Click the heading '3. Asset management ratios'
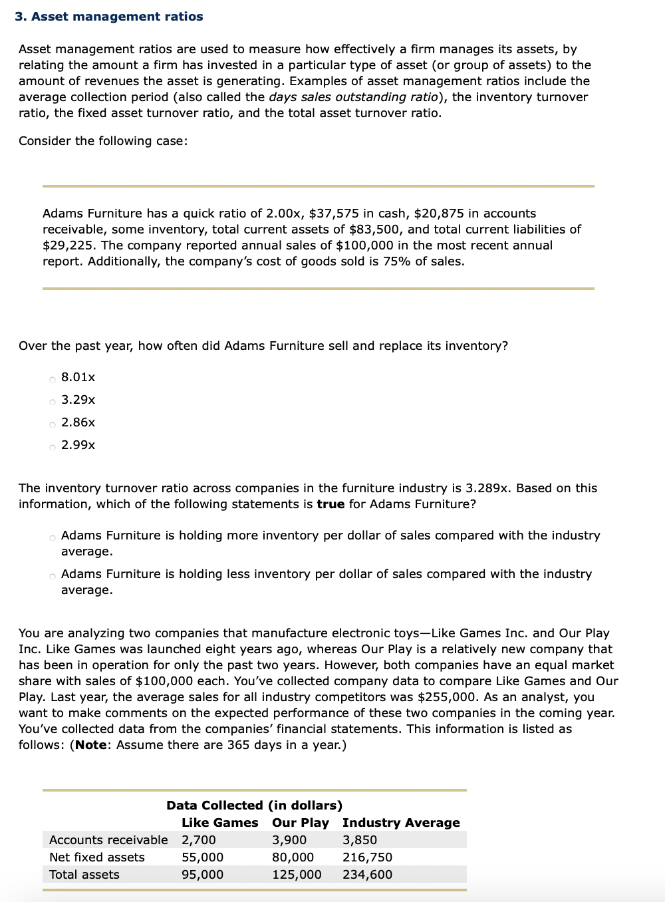pos(109,17)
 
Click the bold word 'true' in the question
pos(331,504)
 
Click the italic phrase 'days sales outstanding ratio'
pos(353,97)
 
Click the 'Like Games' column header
pos(219,823)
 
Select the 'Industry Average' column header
pos(401,823)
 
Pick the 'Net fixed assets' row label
pos(97,857)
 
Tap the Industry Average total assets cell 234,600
pos(367,875)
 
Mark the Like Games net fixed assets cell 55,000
pos(203,857)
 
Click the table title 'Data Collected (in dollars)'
pos(254,806)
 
